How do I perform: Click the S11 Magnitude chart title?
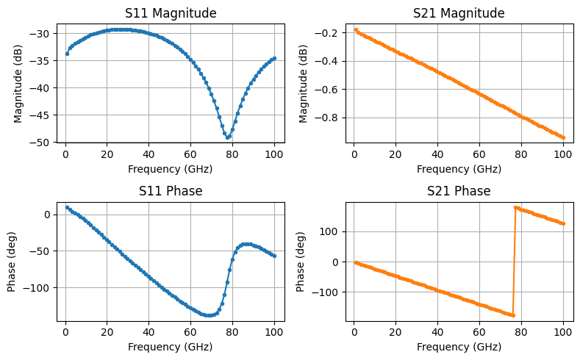click(170, 13)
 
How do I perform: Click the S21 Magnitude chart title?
click(459, 13)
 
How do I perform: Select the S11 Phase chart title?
click(170, 192)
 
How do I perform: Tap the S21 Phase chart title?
click(459, 192)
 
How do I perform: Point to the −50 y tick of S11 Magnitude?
click(43, 142)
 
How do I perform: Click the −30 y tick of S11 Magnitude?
click(43, 34)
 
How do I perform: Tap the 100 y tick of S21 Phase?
click(335, 231)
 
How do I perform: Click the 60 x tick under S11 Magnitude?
click(190, 155)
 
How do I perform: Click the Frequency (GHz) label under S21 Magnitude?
click(459, 169)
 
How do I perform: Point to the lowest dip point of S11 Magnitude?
click(228, 137)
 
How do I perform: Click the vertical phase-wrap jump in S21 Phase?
click(514, 261)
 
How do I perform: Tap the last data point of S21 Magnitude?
click(563, 137)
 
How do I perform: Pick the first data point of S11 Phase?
click(67, 207)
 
